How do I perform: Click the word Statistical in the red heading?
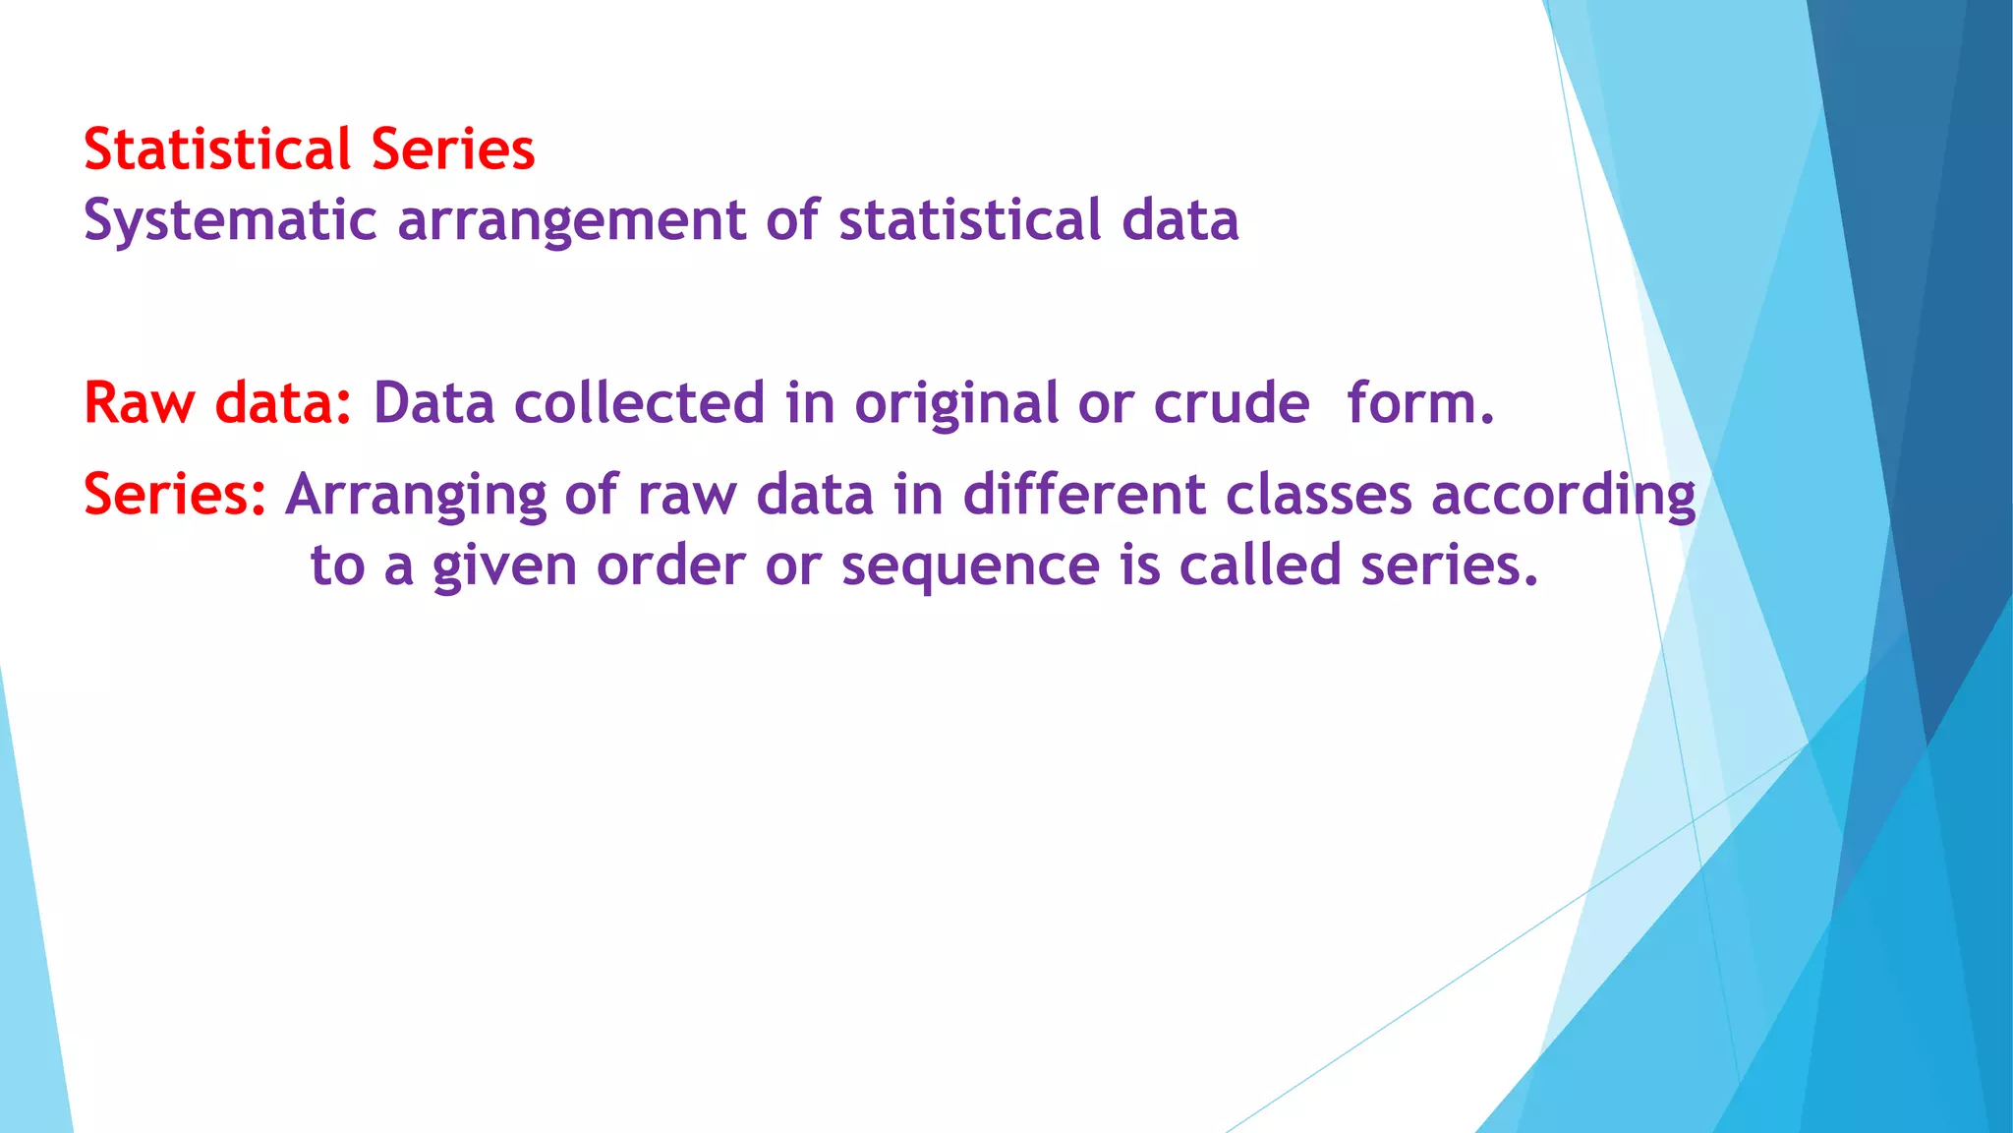(217, 149)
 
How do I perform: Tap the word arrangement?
(571, 220)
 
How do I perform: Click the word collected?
(639, 403)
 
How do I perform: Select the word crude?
(1231, 403)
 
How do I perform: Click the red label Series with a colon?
(175, 494)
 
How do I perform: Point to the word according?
(1564, 496)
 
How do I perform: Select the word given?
(504, 566)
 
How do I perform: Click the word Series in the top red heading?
(453, 149)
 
